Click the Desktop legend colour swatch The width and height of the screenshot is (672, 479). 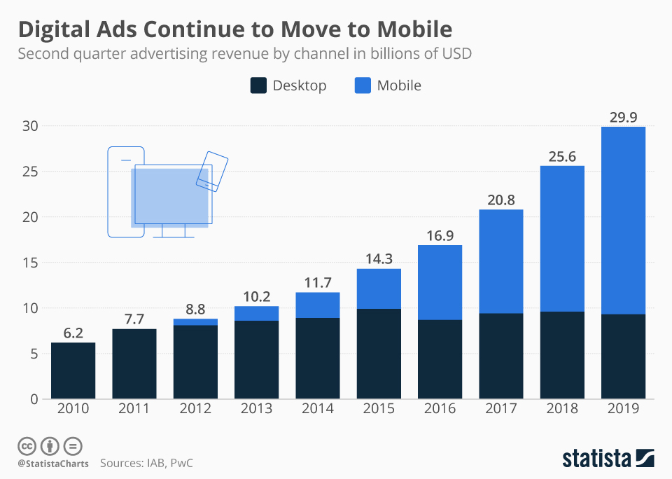258,85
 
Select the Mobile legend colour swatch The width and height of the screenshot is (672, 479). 363,85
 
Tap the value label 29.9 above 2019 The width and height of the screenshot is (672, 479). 623,117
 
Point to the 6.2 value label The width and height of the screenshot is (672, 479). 73,333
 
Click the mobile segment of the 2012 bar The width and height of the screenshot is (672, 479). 195,322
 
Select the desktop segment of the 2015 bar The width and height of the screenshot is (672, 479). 379,354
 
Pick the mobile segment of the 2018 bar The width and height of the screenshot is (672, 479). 562,239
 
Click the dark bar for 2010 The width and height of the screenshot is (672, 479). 73,370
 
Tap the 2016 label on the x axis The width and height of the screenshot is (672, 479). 440,408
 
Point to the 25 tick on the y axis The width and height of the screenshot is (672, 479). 30,172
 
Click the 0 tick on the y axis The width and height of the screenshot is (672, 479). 34,399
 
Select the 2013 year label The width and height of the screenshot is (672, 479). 256,408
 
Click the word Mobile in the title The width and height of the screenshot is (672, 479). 414,29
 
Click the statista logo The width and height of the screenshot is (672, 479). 608,458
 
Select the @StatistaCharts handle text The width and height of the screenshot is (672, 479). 53,464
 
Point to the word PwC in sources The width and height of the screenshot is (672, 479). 181,463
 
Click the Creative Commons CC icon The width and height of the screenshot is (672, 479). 27,446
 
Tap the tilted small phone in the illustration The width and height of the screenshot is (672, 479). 212,171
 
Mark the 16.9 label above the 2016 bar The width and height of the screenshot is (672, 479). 440,236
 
